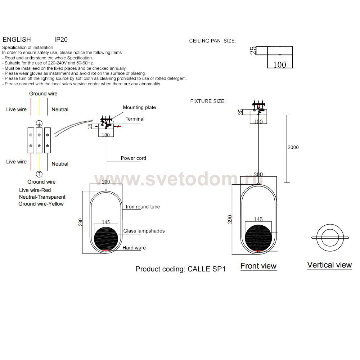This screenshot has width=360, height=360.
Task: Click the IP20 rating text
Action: click(x=61, y=40)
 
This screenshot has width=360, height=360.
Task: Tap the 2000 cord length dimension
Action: click(x=293, y=147)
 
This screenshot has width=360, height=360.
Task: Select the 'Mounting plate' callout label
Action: click(x=139, y=107)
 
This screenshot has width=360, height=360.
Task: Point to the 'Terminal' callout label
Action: click(x=135, y=119)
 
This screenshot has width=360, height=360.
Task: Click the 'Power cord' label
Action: click(x=133, y=158)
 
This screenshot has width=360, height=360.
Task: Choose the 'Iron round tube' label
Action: click(x=143, y=207)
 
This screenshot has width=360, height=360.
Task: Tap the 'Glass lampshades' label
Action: click(x=144, y=231)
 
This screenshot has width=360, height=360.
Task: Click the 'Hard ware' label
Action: click(x=134, y=248)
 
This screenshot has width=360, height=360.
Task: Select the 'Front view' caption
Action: click(x=258, y=266)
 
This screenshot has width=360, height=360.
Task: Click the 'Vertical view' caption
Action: click(x=329, y=265)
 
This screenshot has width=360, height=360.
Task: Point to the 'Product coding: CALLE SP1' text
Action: click(x=180, y=269)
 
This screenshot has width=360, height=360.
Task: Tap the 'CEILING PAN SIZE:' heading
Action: click(x=212, y=41)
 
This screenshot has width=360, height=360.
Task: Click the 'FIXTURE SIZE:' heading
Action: click(x=208, y=102)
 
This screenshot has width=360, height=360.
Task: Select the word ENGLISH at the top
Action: click(x=17, y=40)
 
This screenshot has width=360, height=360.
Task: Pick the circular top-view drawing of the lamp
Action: click(x=330, y=237)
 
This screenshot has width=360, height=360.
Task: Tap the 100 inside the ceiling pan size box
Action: click(x=280, y=65)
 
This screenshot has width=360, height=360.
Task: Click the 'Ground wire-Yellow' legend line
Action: click(x=41, y=204)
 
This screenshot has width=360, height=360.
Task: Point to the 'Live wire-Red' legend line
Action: click(x=35, y=190)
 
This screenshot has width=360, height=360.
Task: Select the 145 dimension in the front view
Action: click(x=258, y=219)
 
